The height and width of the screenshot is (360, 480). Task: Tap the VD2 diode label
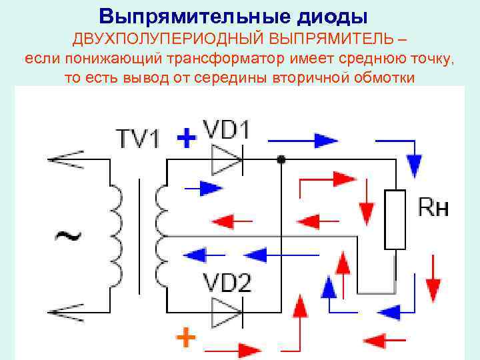click(227, 283)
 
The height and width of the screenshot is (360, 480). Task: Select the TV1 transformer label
click(138, 139)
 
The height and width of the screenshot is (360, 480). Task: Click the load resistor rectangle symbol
click(395, 219)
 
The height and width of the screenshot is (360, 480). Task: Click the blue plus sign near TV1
click(188, 139)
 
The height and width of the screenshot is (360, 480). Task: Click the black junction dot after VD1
click(281, 159)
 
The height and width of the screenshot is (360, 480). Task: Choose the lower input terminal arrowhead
click(63, 311)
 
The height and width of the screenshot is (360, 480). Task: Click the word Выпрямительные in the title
click(193, 15)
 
